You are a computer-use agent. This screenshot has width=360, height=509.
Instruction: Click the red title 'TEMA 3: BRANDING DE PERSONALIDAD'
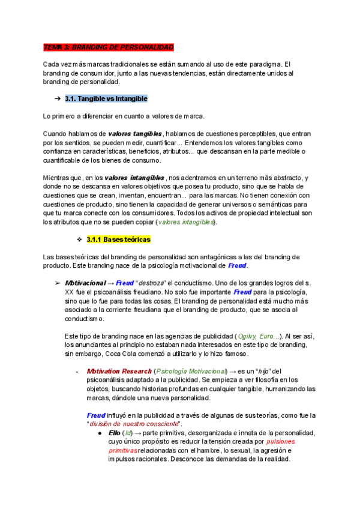coord(109,47)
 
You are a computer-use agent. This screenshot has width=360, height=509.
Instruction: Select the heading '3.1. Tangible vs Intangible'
coord(106,98)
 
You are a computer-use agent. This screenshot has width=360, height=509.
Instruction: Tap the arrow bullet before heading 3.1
coord(57,98)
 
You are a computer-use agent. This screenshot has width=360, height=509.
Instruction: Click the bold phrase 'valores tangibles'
coord(135,133)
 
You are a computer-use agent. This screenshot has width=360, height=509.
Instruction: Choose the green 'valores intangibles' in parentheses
coord(185,222)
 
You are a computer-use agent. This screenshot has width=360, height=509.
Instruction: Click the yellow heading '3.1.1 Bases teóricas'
coord(119,239)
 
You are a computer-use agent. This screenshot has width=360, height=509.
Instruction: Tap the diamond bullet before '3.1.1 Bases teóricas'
coord(79,239)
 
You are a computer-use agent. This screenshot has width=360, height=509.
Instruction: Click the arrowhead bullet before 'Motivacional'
coord(58,283)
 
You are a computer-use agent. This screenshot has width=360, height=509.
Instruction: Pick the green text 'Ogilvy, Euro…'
coord(259,336)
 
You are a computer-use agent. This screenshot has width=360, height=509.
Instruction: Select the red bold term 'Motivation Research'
coord(119,372)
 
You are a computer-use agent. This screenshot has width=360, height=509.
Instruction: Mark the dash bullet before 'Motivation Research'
coord(78,372)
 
